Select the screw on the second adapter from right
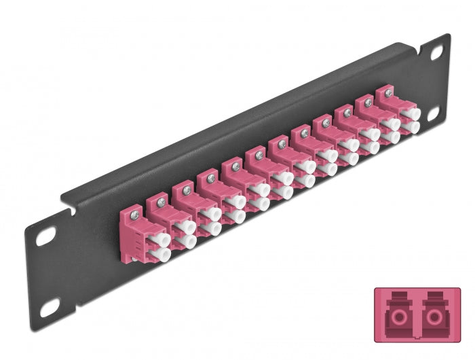pos(368,103)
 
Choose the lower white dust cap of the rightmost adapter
pos(411,128)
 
